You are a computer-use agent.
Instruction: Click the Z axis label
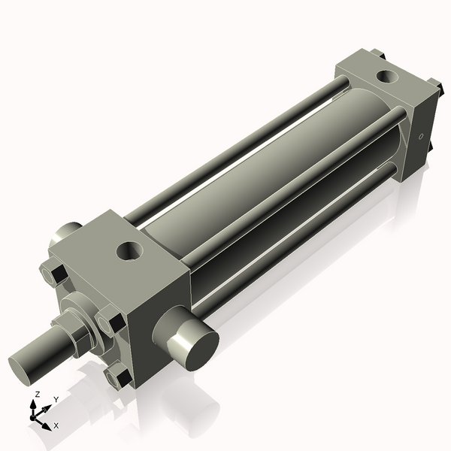click(37, 394)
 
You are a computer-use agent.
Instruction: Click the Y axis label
click(56, 399)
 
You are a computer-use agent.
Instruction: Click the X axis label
click(56, 425)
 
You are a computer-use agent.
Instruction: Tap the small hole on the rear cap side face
click(421, 137)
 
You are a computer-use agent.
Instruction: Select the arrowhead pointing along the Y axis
click(49, 407)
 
